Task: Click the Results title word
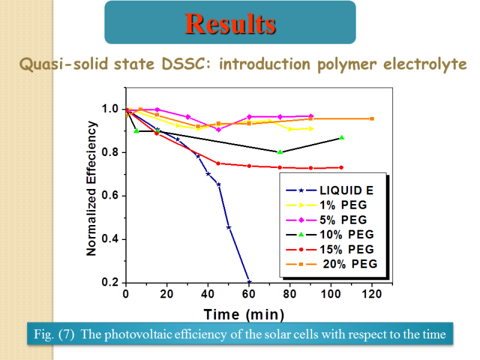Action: tap(230, 23)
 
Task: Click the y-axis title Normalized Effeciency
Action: tap(92, 188)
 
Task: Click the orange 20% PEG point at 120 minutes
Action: tap(372, 119)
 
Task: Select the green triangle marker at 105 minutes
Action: tap(341, 137)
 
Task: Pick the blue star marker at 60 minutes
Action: tap(249, 282)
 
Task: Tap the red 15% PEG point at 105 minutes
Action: tap(341, 167)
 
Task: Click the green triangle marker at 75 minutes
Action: tap(280, 152)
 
